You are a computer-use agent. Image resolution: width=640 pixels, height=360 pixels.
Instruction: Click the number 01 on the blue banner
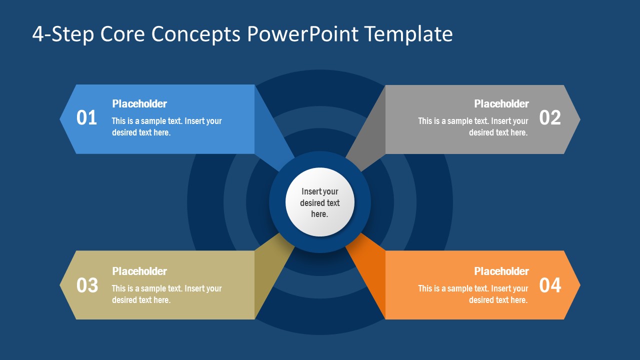pyautogui.click(x=86, y=118)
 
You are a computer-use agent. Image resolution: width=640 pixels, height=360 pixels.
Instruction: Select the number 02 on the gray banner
pyautogui.click(x=550, y=118)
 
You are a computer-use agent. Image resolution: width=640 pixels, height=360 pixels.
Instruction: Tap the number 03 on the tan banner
pyautogui.click(x=86, y=285)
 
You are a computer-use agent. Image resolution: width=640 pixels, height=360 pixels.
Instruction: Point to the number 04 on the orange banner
pyautogui.click(x=550, y=285)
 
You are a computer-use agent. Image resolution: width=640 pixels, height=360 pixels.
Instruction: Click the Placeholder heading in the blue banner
pyautogui.click(x=139, y=104)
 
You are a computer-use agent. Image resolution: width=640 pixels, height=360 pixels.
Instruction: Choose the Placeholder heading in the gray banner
pyautogui.click(x=501, y=104)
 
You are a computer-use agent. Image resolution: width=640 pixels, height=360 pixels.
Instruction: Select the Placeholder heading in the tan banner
pyautogui.click(x=139, y=271)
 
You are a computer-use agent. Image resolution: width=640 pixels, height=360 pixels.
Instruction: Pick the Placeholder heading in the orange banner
pyautogui.click(x=501, y=271)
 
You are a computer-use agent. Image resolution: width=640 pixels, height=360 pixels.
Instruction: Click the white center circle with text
pyautogui.click(x=320, y=202)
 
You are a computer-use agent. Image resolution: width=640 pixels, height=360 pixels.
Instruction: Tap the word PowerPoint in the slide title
pyautogui.click(x=302, y=34)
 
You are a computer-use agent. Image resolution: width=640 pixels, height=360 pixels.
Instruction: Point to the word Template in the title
pyautogui.click(x=408, y=34)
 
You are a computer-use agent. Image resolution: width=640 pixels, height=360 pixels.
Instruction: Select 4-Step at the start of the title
pyautogui.click(x=63, y=34)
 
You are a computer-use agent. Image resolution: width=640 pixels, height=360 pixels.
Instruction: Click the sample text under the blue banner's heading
pyautogui.click(x=166, y=127)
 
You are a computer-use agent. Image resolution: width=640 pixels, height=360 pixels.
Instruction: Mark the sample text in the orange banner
pyautogui.click(x=473, y=294)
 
